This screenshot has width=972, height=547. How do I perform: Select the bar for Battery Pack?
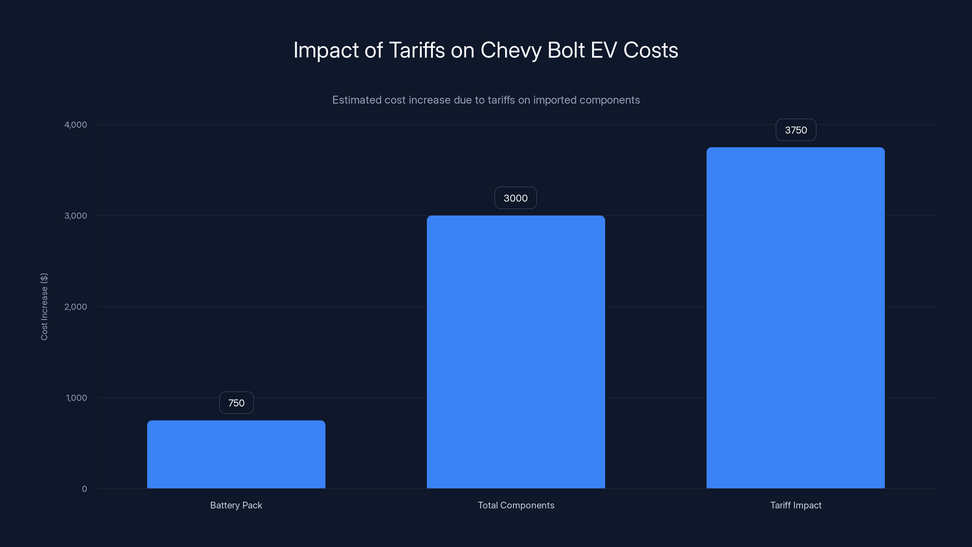[x=236, y=455]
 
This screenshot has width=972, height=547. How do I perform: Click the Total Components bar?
[x=516, y=352]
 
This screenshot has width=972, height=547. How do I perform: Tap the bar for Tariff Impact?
[x=796, y=318]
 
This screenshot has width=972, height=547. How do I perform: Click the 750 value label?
[x=236, y=403]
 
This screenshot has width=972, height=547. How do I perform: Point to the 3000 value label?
[x=515, y=198]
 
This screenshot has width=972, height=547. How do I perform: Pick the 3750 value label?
[x=796, y=130]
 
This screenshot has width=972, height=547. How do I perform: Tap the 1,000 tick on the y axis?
[x=76, y=397]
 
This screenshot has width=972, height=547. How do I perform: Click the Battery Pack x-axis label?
[x=236, y=505]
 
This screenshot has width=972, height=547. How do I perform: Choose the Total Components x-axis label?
[x=516, y=505]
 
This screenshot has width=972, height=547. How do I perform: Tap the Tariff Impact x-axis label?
[x=796, y=505]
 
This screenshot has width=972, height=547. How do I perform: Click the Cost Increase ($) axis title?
[x=44, y=307]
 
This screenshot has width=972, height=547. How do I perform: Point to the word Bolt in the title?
[x=566, y=50]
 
